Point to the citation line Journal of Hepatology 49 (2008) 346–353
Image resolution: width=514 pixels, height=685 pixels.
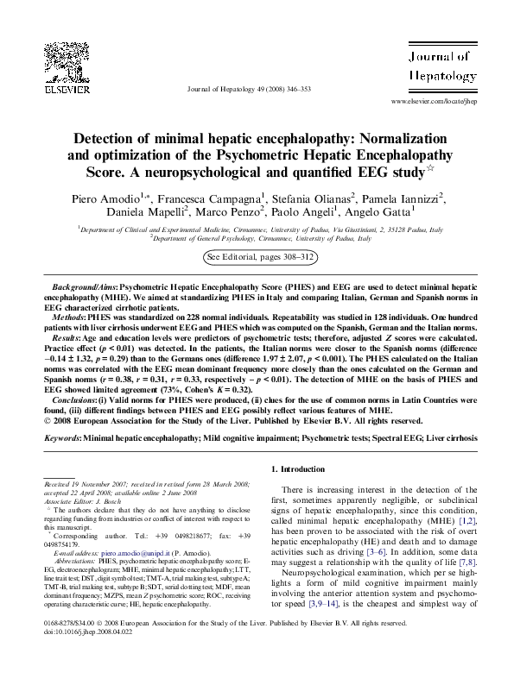[x=249, y=89]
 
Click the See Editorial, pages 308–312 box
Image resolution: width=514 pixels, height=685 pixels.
[x=260, y=257]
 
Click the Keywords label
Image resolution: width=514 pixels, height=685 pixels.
[x=61, y=438]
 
